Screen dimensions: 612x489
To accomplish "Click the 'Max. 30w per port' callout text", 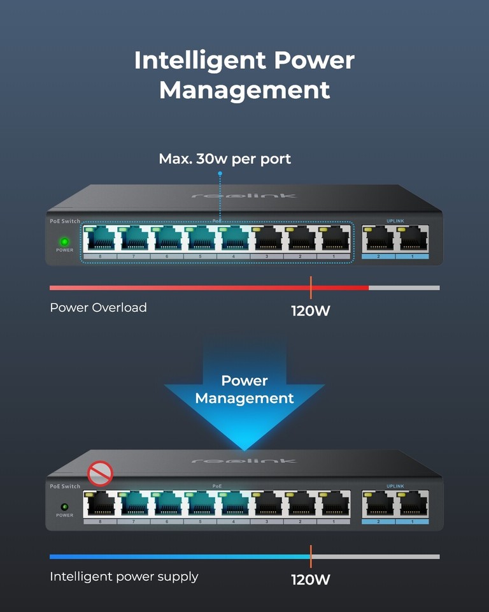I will [225, 159].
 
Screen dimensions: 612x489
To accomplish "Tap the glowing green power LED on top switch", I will [64, 242].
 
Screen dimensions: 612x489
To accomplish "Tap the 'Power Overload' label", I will [98, 307].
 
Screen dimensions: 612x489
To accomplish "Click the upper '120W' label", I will [311, 312].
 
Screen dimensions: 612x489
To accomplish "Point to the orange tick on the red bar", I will [311, 288].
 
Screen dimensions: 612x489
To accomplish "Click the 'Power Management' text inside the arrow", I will [244, 390].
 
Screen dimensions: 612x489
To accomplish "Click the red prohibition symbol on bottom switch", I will [100, 474].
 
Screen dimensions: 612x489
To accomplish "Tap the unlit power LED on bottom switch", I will [64, 506].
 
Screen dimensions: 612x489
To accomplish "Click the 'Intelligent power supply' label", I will [124, 576].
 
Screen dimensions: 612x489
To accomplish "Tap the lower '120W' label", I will [311, 580].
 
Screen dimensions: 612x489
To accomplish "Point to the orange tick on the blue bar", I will [311, 557].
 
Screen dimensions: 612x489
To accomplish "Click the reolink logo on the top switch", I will [244, 195].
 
